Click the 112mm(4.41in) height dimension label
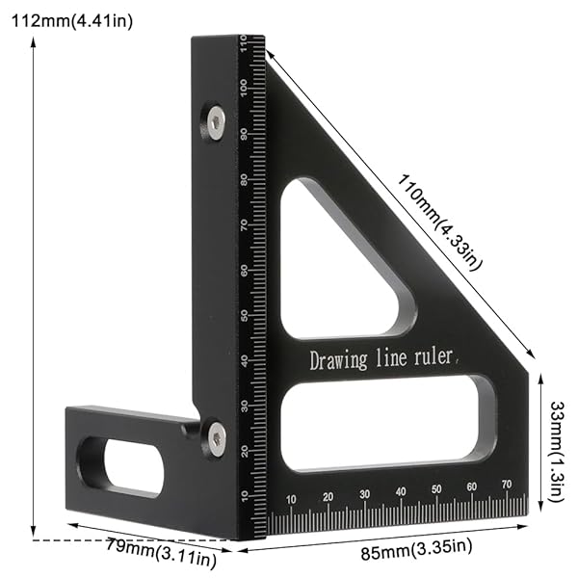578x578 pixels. click(x=71, y=20)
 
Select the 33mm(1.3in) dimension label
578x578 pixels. click(x=555, y=437)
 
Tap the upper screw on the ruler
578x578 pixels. click(x=216, y=121)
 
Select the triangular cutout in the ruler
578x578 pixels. click(x=337, y=266)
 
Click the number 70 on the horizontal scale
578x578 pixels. click(x=506, y=486)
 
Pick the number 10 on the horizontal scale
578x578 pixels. click(x=292, y=498)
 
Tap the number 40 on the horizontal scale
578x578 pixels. click(x=400, y=492)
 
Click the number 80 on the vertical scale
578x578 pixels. click(x=246, y=179)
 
